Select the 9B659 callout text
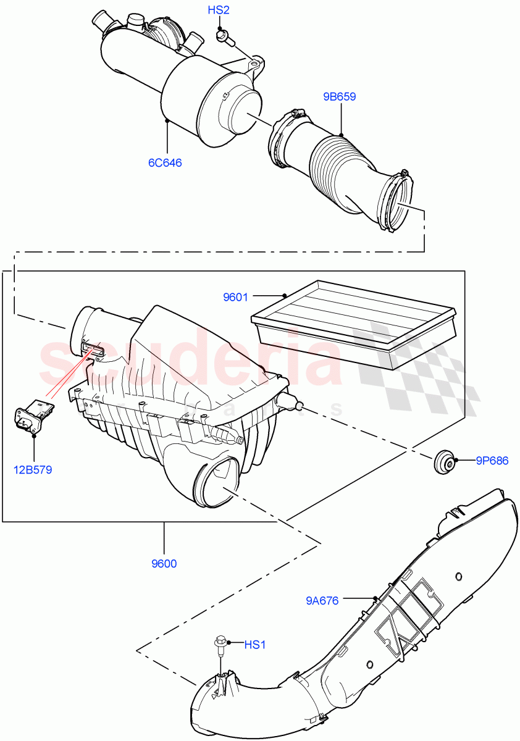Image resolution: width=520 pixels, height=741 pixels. (x=339, y=97)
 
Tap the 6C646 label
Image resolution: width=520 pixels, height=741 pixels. (x=164, y=163)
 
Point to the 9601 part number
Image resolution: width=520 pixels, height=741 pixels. (x=235, y=298)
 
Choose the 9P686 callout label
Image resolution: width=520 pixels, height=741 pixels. (x=492, y=460)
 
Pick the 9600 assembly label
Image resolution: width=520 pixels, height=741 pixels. (x=164, y=564)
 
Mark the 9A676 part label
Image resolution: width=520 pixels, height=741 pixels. (x=322, y=600)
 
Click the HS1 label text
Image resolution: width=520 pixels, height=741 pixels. (x=254, y=645)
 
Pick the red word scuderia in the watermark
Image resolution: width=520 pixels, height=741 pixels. (x=191, y=361)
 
